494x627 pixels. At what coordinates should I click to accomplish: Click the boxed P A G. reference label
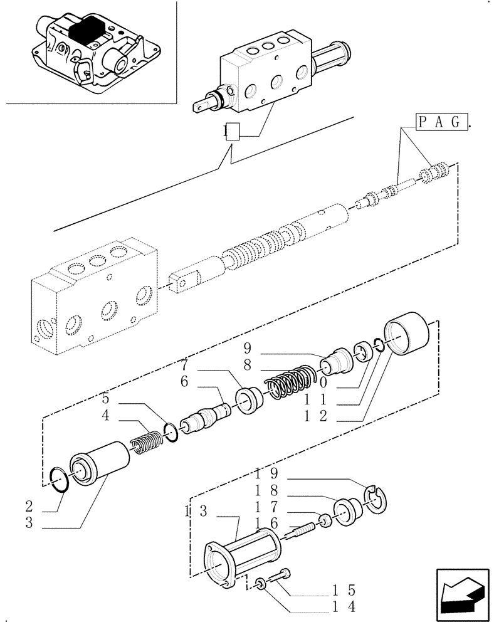pyautogui.click(x=442, y=122)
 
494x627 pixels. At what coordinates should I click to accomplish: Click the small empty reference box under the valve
pyautogui.click(x=232, y=132)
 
